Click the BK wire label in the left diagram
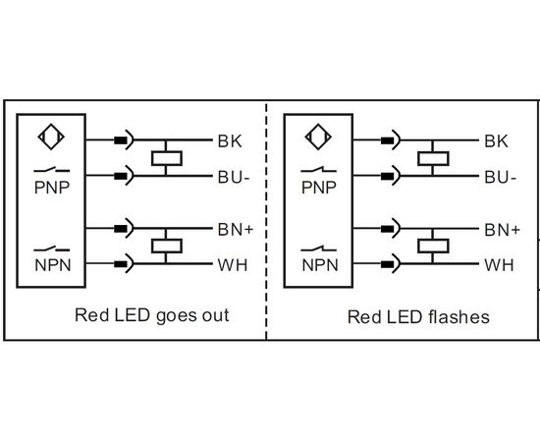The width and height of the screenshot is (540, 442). (230, 141)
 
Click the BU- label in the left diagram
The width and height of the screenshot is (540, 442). (234, 177)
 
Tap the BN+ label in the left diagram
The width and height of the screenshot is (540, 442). (236, 230)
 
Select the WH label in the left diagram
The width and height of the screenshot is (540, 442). (233, 265)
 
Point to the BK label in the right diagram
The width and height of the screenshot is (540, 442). (496, 141)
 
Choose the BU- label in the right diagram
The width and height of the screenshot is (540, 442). (501, 177)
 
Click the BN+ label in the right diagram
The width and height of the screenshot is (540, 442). (502, 230)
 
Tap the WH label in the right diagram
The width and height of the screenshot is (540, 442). (499, 265)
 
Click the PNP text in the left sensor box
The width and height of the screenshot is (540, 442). (52, 188)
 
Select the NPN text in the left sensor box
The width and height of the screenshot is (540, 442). (53, 265)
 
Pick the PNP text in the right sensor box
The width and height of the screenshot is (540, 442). (319, 188)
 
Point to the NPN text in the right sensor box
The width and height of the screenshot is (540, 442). (320, 265)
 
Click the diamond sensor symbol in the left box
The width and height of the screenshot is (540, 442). (51, 137)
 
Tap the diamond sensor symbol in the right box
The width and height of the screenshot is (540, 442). (318, 137)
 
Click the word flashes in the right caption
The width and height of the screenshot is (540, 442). (459, 317)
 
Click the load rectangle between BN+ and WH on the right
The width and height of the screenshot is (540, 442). (433, 246)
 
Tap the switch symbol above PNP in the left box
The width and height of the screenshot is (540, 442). (52, 170)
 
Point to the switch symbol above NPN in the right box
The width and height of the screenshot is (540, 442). (318, 249)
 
